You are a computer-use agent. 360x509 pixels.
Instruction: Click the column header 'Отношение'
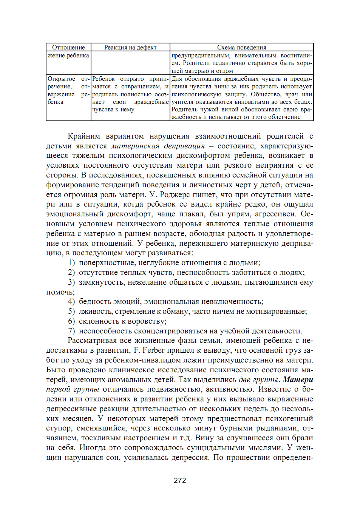click(x=68, y=47)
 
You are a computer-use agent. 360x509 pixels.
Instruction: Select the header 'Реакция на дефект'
click(x=130, y=47)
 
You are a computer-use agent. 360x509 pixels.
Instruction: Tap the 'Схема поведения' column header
click(x=241, y=47)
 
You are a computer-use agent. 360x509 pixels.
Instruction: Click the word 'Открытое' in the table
click(x=61, y=79)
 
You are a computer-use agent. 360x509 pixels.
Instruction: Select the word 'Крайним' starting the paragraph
click(x=84, y=136)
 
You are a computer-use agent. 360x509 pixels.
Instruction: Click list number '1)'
click(x=71, y=262)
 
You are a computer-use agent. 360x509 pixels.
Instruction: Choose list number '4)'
click(x=71, y=301)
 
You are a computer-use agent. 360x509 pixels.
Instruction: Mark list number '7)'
click(x=71, y=331)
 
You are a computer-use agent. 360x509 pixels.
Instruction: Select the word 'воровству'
click(x=147, y=321)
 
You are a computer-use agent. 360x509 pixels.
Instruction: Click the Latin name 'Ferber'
click(x=153, y=350)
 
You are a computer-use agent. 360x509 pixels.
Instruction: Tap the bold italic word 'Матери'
click(x=298, y=379)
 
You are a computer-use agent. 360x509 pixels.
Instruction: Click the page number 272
click(x=180, y=480)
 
